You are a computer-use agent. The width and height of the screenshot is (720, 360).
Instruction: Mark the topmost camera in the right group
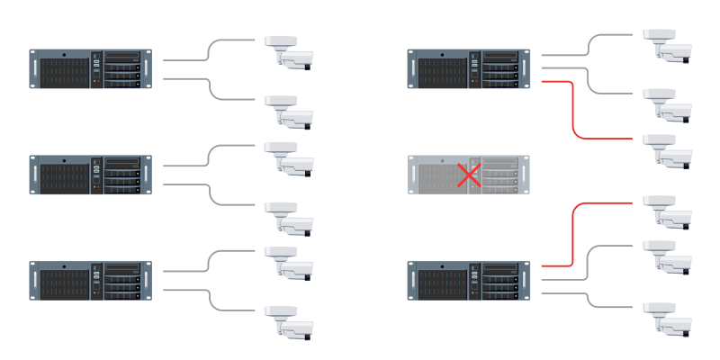669,45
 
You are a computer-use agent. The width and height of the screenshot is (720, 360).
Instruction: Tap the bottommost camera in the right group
669,318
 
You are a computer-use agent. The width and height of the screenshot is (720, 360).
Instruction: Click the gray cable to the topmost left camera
209,49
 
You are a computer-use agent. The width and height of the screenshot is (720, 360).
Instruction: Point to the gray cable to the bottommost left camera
209,299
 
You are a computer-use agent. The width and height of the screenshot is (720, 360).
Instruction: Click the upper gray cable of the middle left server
209,155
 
